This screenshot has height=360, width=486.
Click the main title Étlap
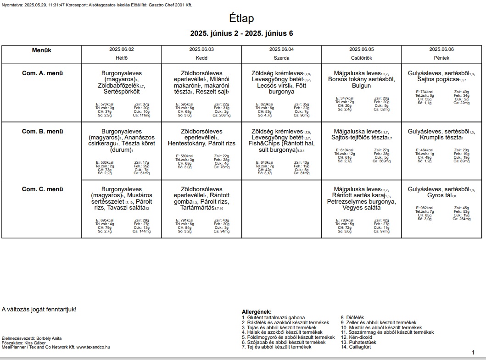(241, 18)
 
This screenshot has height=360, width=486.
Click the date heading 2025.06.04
(281, 49)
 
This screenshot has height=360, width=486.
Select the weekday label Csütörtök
(361, 58)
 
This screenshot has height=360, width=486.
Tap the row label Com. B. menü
(42, 131)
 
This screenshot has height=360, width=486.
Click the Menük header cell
(41, 50)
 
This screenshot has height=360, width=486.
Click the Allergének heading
(257, 312)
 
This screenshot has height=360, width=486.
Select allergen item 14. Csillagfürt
(356, 347)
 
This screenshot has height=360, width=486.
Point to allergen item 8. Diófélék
(352, 317)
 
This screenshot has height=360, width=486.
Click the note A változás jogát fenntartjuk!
(39, 309)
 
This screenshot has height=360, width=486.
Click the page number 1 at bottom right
(473, 352)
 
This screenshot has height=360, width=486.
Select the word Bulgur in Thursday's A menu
(360, 86)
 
